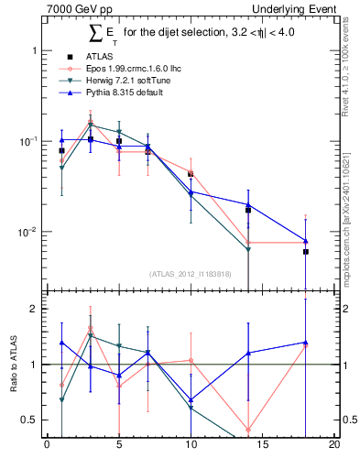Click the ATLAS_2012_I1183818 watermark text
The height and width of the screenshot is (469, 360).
pyautogui.click(x=190, y=273)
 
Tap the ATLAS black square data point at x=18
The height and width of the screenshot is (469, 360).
pyautogui.click(x=306, y=251)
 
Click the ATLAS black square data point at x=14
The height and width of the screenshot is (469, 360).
pyautogui.click(x=248, y=210)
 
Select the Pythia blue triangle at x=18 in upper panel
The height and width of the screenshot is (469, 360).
pyautogui.click(x=306, y=241)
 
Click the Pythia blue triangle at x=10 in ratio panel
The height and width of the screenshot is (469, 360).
pyautogui.click(x=191, y=400)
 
